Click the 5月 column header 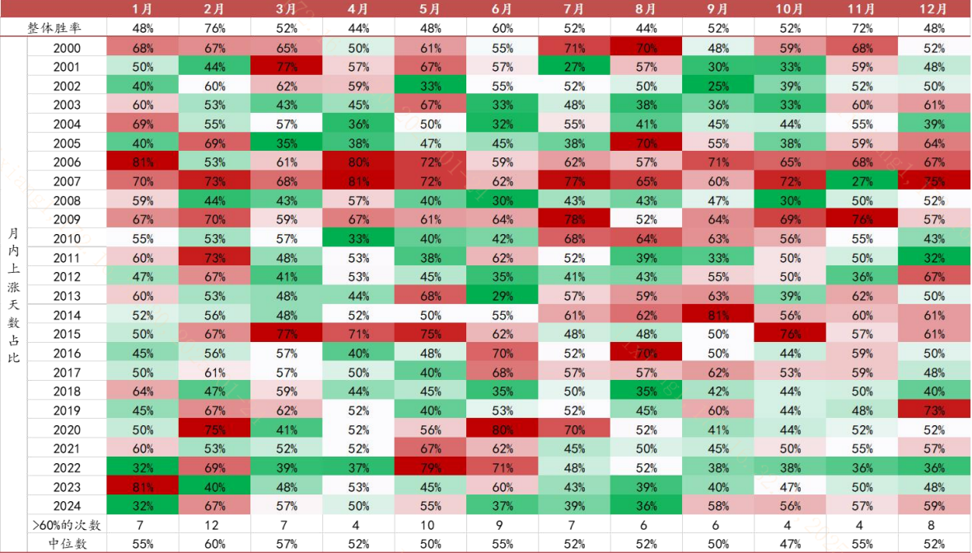[429, 9]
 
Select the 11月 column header [861, 9]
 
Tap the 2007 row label [67, 180]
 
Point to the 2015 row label [67, 333]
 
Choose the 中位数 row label [67, 543]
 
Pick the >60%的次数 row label [67, 524]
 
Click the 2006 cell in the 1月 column [143, 162]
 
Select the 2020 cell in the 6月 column [502, 429]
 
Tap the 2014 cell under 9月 [717, 314]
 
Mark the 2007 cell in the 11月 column [861, 180]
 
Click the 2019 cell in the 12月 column [933, 410]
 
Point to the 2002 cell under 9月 [717, 86]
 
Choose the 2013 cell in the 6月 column [502, 295]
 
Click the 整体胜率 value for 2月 [214, 28]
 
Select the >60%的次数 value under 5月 [429, 524]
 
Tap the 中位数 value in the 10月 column [789, 543]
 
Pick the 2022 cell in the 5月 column [429, 467]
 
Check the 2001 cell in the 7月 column [573, 67]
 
